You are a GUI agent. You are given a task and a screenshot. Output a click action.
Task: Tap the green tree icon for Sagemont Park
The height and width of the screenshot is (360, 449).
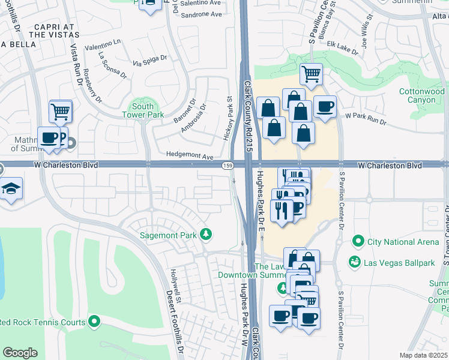(x=206, y=233)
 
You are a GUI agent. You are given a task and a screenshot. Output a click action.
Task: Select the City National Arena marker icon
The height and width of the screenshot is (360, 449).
(x=358, y=242)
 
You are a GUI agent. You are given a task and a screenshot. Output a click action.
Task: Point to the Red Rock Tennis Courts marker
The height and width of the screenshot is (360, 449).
(x=94, y=322)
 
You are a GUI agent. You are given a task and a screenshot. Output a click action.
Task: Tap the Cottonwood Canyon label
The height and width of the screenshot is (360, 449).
(x=422, y=95)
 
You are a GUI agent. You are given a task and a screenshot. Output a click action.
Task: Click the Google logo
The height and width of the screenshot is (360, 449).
(x=20, y=353)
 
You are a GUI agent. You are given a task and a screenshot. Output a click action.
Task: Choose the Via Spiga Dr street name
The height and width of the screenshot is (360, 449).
(x=150, y=61)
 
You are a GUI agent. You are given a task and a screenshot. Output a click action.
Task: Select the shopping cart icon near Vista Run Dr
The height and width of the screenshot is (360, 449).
(x=61, y=111)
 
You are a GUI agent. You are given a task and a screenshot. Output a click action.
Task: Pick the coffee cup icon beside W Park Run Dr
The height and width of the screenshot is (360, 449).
(x=325, y=107)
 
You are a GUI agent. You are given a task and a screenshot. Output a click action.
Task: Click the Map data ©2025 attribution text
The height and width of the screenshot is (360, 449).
(x=423, y=355)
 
